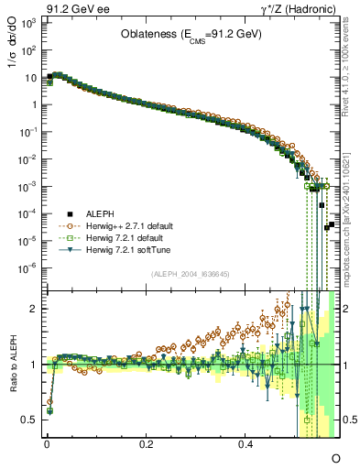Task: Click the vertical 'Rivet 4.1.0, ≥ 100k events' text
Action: coord(350,60)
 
